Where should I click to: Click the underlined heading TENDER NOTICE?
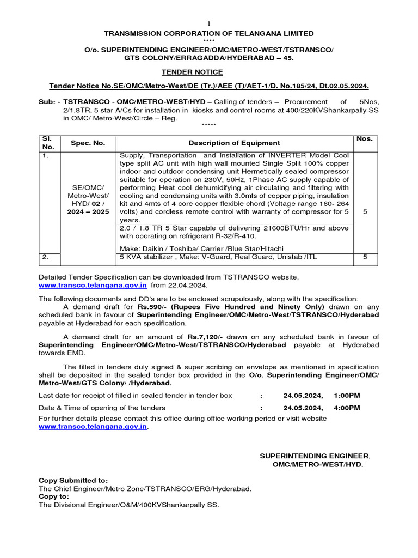tap(192, 72)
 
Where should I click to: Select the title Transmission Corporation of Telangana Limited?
tap(209, 33)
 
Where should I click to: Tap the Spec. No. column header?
tap(88, 143)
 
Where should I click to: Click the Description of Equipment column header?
tap(234, 143)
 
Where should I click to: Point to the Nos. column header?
tap(365, 139)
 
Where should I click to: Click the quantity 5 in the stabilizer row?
tap(365, 257)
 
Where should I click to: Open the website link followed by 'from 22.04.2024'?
tap(92, 285)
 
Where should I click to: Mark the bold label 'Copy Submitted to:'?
tap(73, 480)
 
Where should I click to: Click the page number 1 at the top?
tap(209, 23)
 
